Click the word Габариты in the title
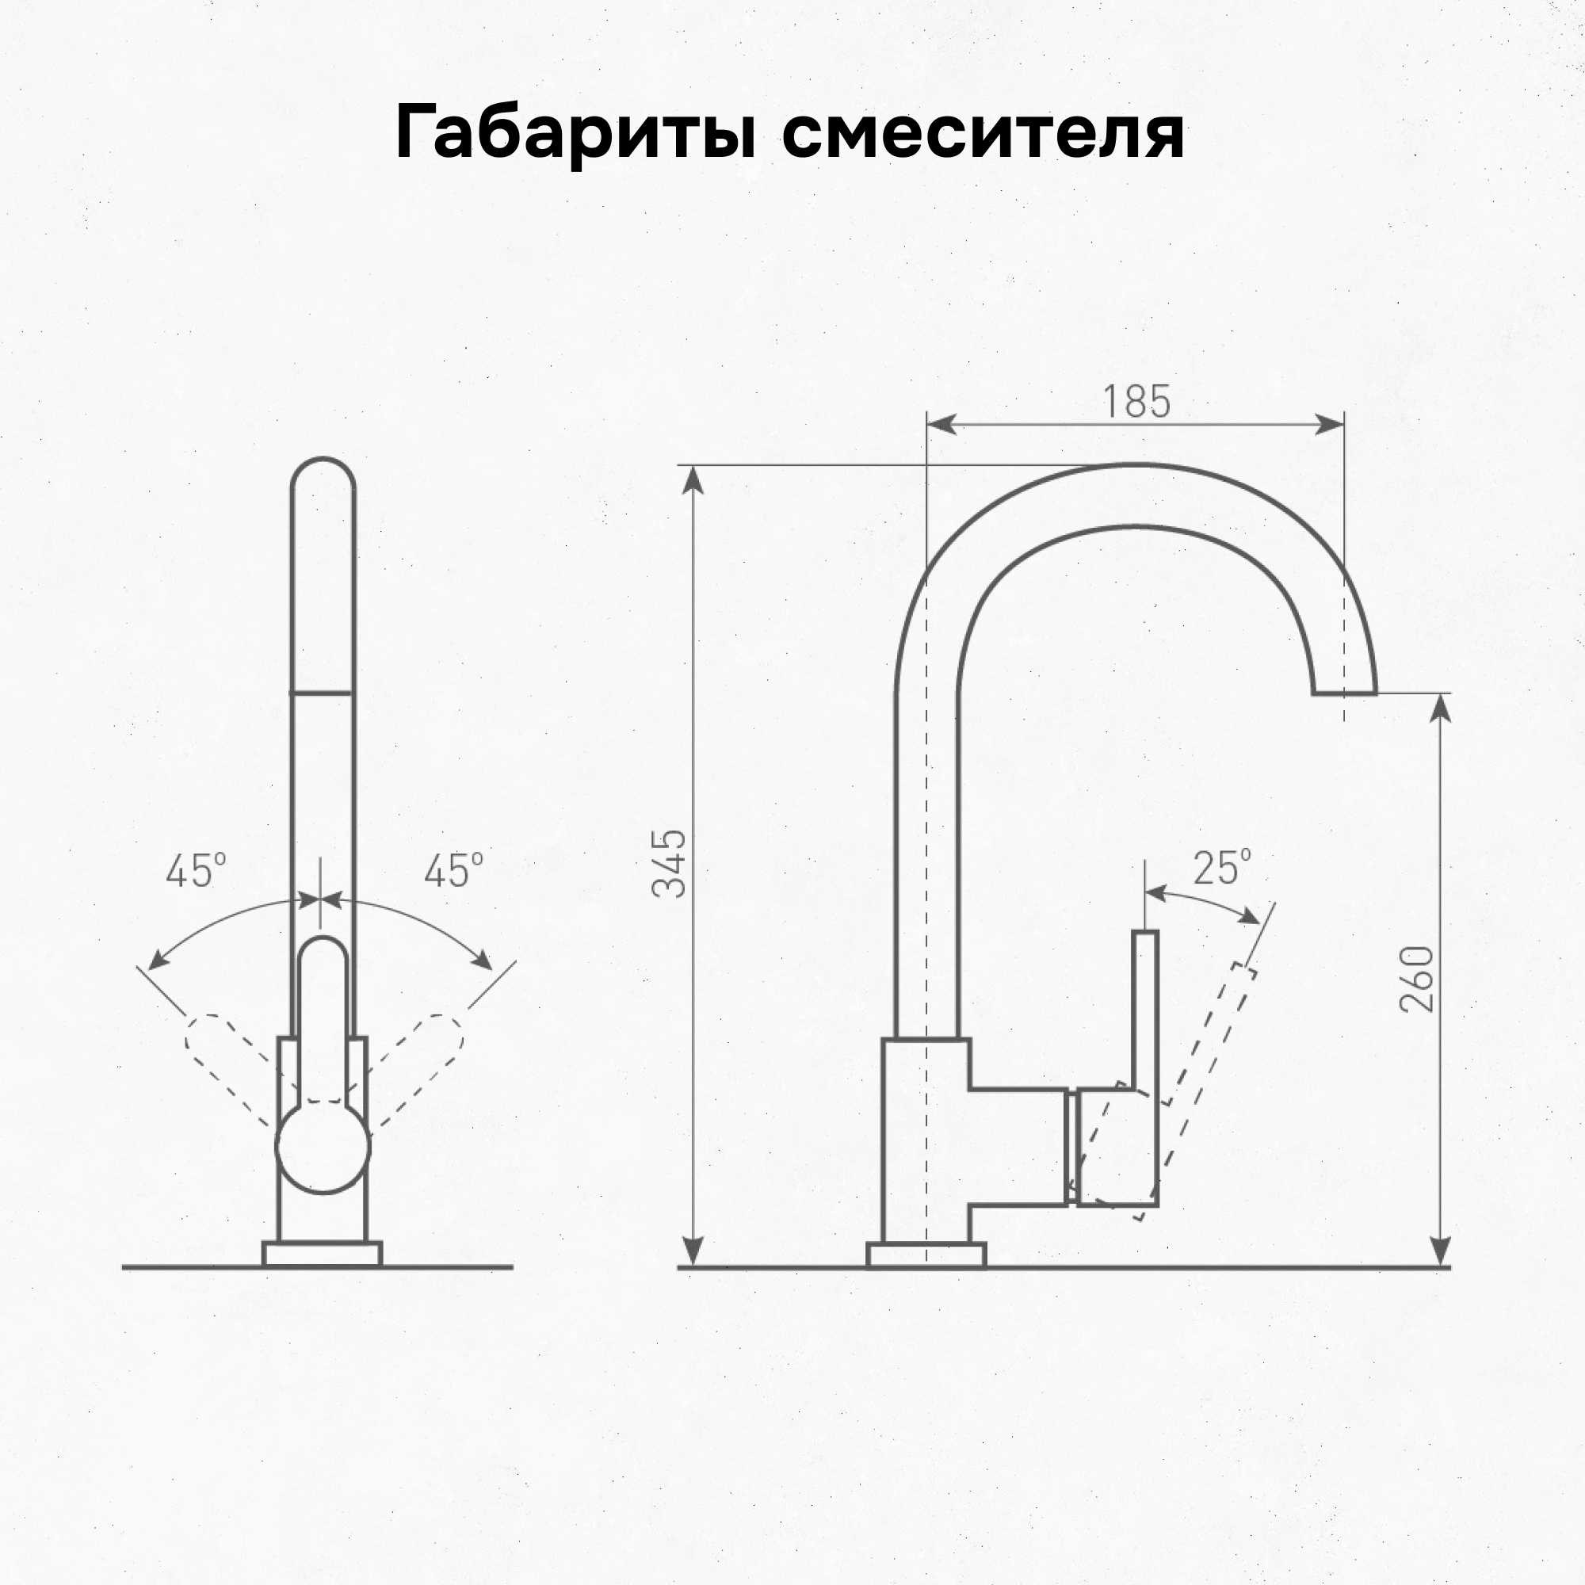pyautogui.click(x=575, y=134)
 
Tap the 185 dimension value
pyautogui.click(x=1136, y=402)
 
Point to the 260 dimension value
pyautogui.click(x=1417, y=980)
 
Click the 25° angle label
pyautogui.click(x=1221, y=868)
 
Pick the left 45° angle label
pyautogui.click(x=195, y=871)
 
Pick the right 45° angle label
pyautogui.click(x=453, y=871)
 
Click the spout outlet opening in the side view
pyautogui.click(x=1344, y=693)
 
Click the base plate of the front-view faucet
pyautogui.click(x=323, y=1255)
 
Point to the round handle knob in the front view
pyautogui.click(x=323, y=1146)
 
